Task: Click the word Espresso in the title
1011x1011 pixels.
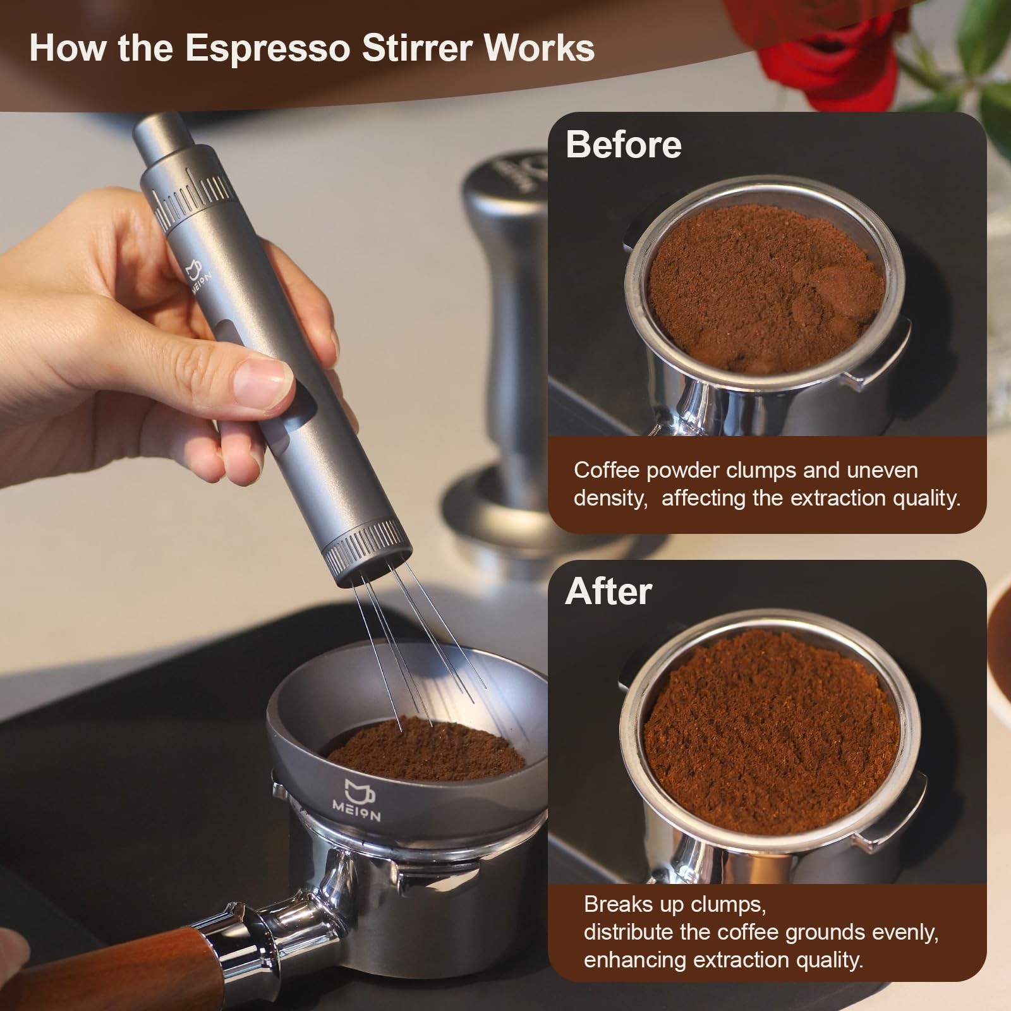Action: [268, 48]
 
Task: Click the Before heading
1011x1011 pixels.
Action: [623, 145]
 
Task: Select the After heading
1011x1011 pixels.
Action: [608, 591]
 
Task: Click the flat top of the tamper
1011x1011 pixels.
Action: [505, 174]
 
